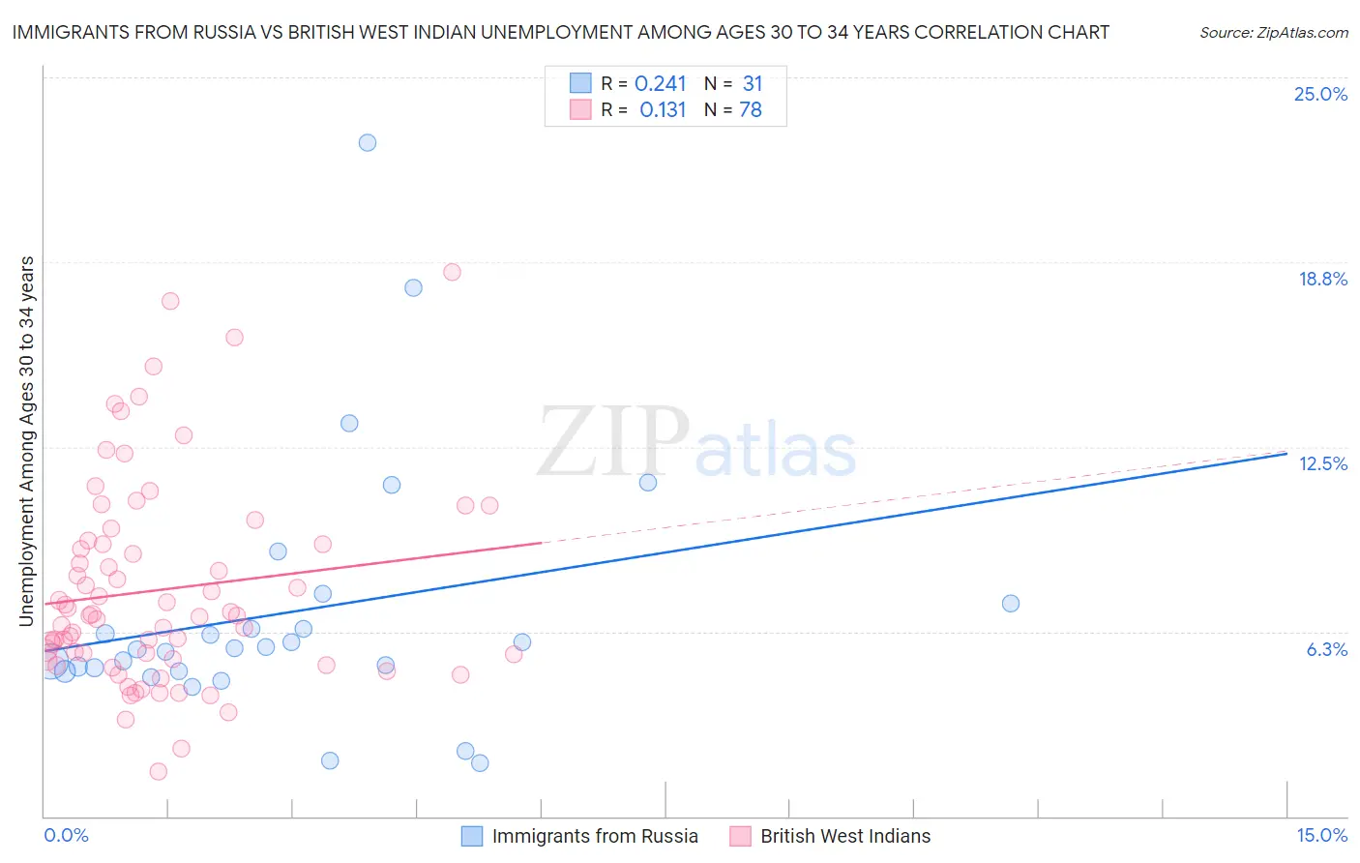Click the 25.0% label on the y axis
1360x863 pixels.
[x=1320, y=95]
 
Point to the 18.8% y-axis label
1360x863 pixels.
[x=1322, y=280]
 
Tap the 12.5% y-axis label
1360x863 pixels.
[x=1322, y=464]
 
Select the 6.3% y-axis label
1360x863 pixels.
[x=1326, y=650]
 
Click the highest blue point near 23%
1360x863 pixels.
[x=368, y=142]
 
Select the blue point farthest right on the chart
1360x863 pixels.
[x=1011, y=604]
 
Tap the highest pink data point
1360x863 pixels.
[x=452, y=272]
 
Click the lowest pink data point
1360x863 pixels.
[x=159, y=771]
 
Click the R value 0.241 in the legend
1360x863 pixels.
[x=661, y=84]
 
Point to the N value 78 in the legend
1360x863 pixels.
[x=751, y=110]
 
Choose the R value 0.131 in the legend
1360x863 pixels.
[x=663, y=110]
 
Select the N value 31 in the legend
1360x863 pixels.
[x=753, y=84]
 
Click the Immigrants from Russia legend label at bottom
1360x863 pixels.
[x=595, y=837]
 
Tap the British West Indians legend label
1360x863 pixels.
[x=845, y=837]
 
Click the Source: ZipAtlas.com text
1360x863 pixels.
[x=1273, y=33]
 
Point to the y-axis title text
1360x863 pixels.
[x=27, y=441]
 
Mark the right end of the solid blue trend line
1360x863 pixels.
[x=1286, y=452]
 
